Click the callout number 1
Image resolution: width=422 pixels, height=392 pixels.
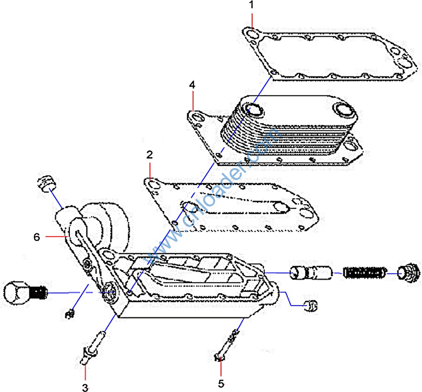pos(252,6)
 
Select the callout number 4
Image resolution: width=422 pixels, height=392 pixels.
pos(192,85)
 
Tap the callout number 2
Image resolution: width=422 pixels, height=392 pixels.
pos(149,155)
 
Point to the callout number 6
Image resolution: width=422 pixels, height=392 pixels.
pos(37,236)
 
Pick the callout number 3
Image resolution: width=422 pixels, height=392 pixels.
pos(85,387)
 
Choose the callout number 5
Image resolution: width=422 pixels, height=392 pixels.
pos(221,383)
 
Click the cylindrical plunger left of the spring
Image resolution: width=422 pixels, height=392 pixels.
pos(311,272)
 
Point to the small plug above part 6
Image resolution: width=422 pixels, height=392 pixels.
pos(47,183)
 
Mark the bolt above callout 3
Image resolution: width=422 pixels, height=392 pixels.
pos(92,347)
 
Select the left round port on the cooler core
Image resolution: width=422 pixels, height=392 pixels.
pos(255,111)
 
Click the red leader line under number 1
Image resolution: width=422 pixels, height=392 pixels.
pos(252,21)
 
